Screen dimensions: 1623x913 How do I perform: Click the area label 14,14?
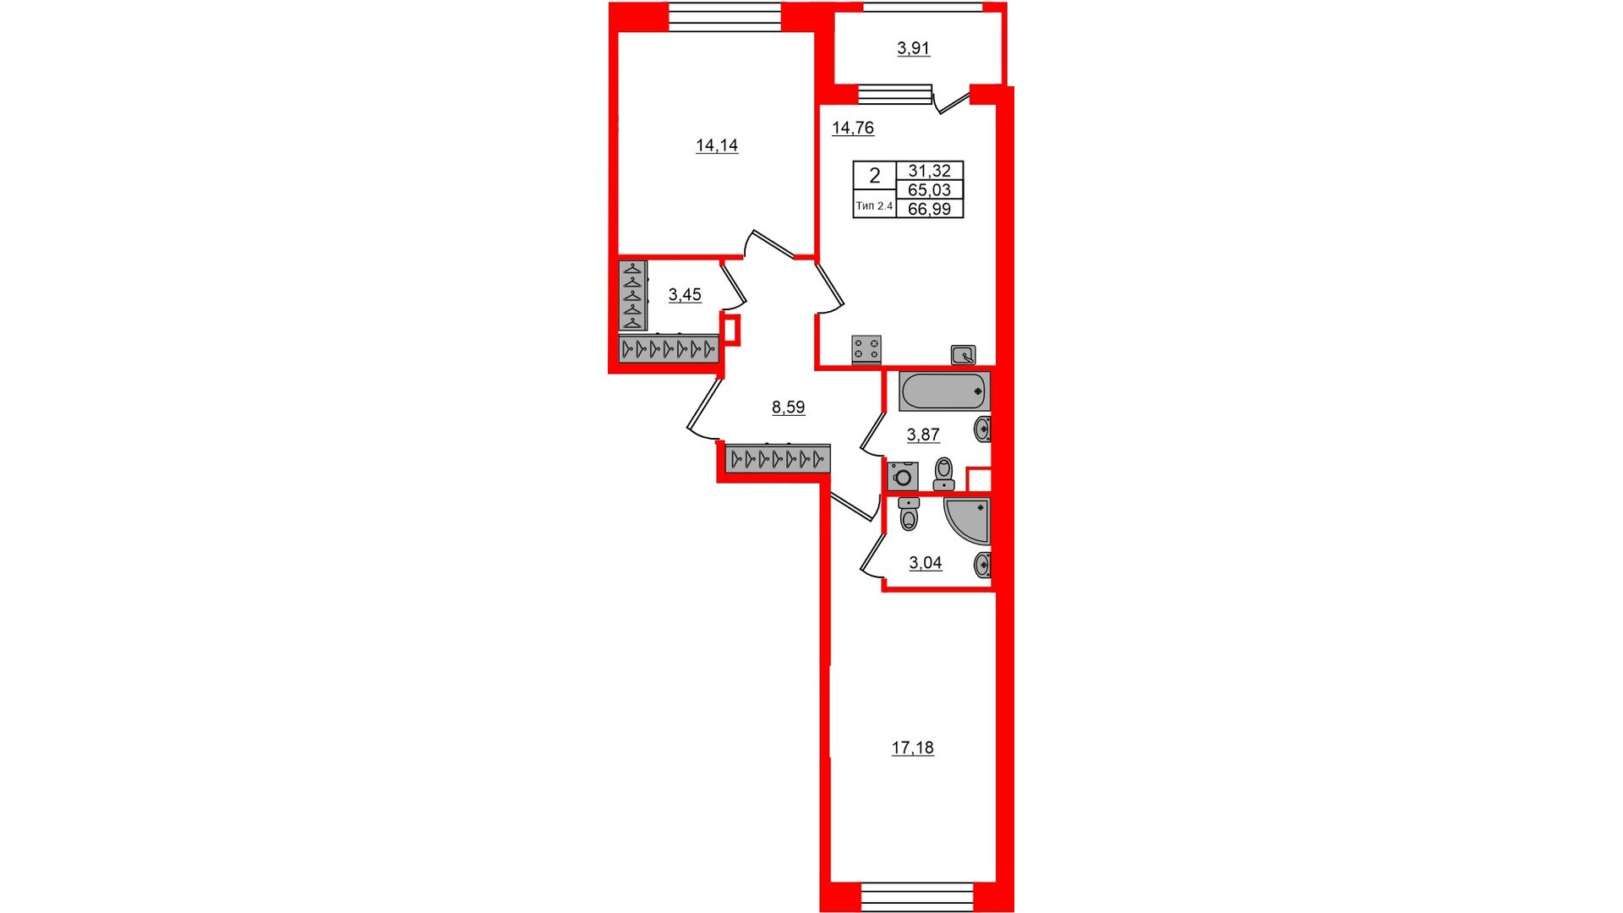[717, 145]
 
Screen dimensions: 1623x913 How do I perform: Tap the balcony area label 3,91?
[913, 48]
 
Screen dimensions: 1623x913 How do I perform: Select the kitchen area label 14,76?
[853, 128]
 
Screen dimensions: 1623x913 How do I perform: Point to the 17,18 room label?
[913, 747]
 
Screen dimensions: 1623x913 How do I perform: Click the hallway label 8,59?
[788, 407]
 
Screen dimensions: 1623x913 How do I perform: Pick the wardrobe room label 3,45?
[685, 295]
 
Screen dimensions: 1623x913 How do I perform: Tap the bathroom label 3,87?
[923, 435]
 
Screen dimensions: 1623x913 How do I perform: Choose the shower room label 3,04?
[926, 563]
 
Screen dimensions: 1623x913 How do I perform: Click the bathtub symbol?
[944, 391]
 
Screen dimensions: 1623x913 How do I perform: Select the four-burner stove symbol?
[867, 349]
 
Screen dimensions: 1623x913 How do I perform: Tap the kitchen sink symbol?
[963, 355]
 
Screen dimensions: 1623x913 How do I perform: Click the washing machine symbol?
[903, 476]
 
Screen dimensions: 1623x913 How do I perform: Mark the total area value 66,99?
[929, 209]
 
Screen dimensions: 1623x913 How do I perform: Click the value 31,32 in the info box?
[929, 171]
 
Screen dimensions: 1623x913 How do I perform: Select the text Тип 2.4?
[874, 205]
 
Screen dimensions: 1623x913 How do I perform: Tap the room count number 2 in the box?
[875, 176]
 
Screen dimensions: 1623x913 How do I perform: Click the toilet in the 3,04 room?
[909, 513]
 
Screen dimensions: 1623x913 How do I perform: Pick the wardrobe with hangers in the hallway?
[778, 458]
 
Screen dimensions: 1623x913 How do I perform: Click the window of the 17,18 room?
[917, 896]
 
